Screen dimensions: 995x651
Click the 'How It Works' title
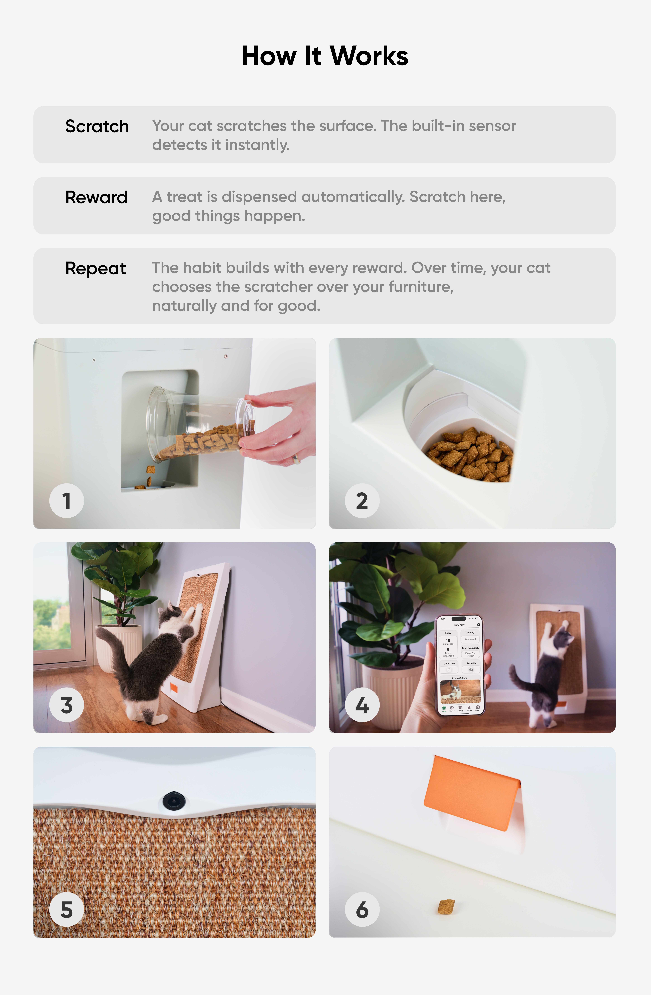(x=325, y=56)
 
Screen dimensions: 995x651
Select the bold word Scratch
(x=97, y=126)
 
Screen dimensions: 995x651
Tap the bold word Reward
(x=96, y=197)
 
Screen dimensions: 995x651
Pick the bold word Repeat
(x=95, y=268)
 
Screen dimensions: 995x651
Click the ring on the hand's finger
(x=296, y=459)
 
